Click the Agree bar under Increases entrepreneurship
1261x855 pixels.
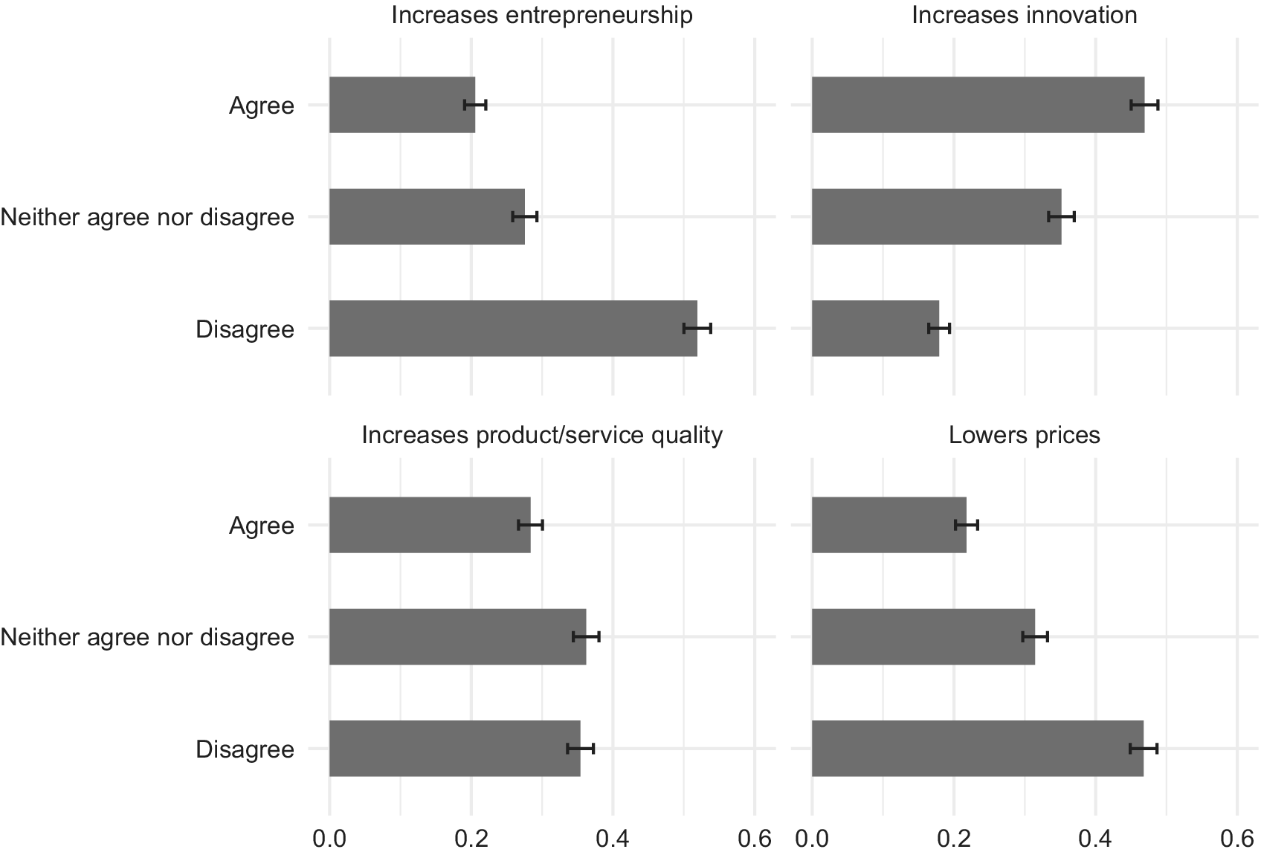(x=402, y=105)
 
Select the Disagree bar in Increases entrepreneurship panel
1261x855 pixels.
(x=514, y=328)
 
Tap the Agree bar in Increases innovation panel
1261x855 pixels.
(x=978, y=105)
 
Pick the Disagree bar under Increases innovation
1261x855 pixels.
(x=875, y=328)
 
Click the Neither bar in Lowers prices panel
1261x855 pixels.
(x=923, y=636)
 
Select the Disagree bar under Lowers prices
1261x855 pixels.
(x=977, y=749)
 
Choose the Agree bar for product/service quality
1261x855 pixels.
(x=430, y=525)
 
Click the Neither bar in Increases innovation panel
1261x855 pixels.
(x=937, y=216)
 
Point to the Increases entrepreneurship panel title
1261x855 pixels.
(x=542, y=16)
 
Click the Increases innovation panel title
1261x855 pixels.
(x=1025, y=15)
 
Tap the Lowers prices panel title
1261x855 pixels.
(x=1025, y=436)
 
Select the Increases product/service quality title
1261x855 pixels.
(x=542, y=436)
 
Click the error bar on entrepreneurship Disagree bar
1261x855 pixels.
(x=697, y=328)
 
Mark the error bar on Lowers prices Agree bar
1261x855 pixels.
(x=967, y=525)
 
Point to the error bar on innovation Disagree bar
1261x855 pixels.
(x=939, y=328)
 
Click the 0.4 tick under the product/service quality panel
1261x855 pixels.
(x=613, y=839)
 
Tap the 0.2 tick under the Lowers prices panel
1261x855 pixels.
(x=954, y=839)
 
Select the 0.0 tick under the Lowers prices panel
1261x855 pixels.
(x=812, y=839)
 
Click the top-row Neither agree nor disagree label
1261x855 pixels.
(x=147, y=217)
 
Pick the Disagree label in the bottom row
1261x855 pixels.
(x=245, y=749)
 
